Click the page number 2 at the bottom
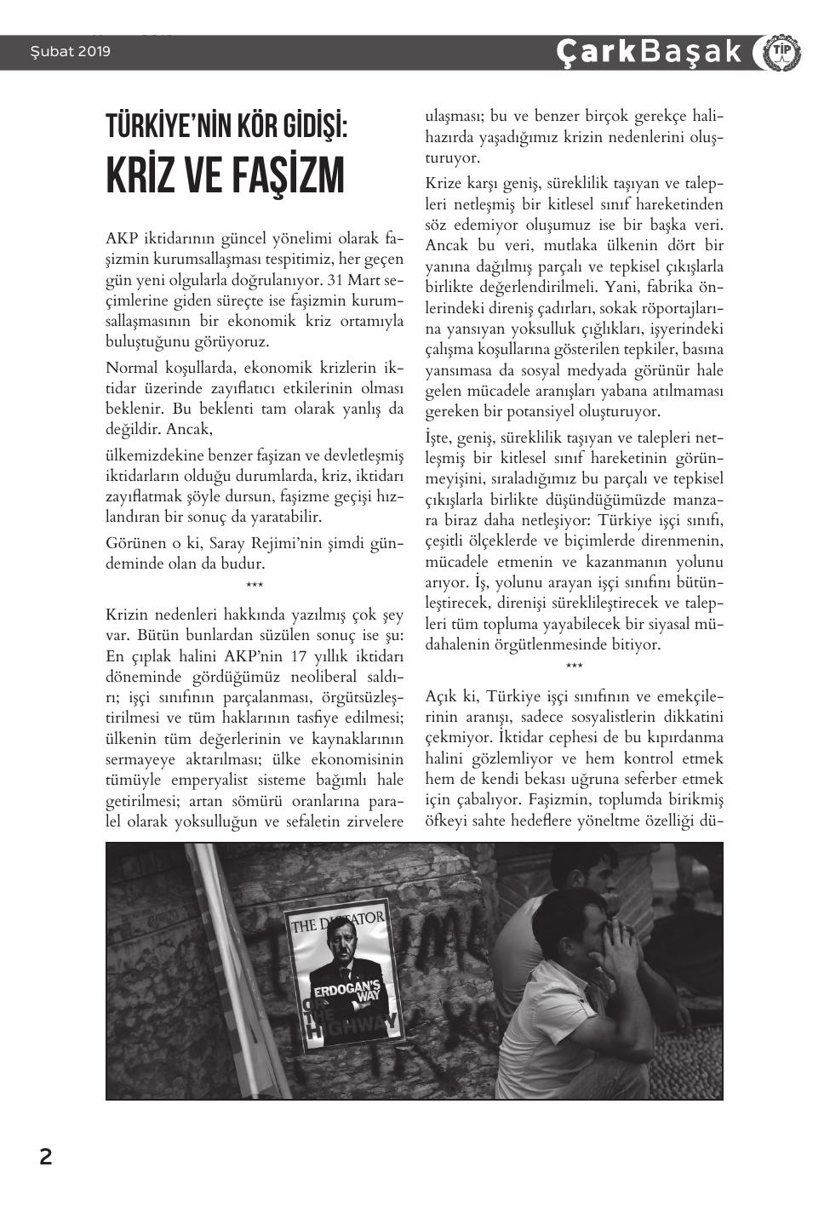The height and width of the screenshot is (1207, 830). coord(45,1157)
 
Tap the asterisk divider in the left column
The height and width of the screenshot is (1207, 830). coord(254,585)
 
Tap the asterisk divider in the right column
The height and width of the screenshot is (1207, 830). coord(574,666)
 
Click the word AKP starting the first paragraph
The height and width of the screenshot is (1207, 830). coord(121,237)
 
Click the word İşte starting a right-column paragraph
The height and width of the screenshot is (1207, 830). coord(441,438)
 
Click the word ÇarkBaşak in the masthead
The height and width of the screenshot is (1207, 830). coord(649,52)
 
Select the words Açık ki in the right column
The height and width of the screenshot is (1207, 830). coord(452,696)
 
